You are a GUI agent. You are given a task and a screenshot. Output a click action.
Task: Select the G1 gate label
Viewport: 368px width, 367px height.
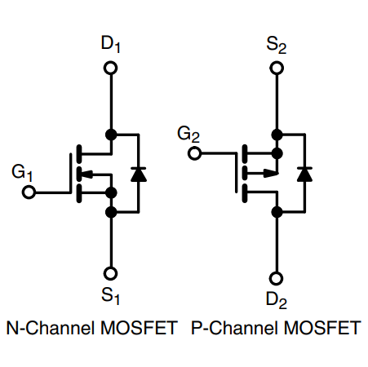(x=22, y=172)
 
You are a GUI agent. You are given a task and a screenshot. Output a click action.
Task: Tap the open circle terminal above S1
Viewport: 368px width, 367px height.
(x=111, y=273)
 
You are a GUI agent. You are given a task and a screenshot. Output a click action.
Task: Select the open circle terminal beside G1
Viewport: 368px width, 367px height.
(x=29, y=193)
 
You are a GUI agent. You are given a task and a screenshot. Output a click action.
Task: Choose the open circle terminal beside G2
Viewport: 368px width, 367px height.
(x=194, y=153)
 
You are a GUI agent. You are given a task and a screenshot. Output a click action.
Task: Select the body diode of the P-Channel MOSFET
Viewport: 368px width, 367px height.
(x=304, y=172)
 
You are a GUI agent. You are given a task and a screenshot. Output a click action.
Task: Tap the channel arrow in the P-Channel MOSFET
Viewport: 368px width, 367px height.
(x=266, y=172)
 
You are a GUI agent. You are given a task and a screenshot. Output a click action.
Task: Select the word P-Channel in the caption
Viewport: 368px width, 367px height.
(x=226, y=329)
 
